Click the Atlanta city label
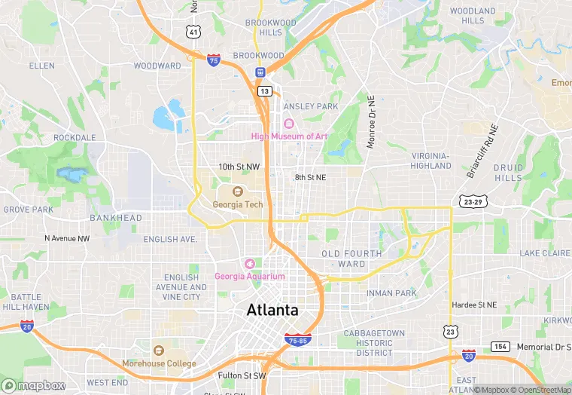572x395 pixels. pyautogui.click(x=272, y=310)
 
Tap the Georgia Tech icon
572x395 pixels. pyautogui.click(x=237, y=191)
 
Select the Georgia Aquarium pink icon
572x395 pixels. pyautogui.click(x=249, y=263)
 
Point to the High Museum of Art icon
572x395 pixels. pyautogui.click(x=289, y=124)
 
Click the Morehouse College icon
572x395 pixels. pyautogui.click(x=159, y=351)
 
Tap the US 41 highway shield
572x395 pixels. pyautogui.click(x=194, y=32)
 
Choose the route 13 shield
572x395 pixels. pyautogui.click(x=263, y=90)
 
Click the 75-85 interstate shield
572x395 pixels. pyautogui.click(x=298, y=340)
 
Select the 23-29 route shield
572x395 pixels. pyautogui.click(x=473, y=202)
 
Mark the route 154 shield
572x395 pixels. pyautogui.click(x=501, y=346)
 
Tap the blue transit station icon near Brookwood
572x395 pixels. pyautogui.click(x=260, y=72)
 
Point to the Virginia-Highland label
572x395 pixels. pyautogui.click(x=431, y=161)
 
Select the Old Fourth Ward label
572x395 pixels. pyautogui.click(x=353, y=259)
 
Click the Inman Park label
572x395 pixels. pyautogui.click(x=391, y=292)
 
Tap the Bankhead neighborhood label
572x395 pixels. pyautogui.click(x=115, y=218)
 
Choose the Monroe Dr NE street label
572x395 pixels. pyautogui.click(x=370, y=121)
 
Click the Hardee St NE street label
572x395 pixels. pyautogui.click(x=474, y=305)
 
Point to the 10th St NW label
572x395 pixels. pyautogui.click(x=239, y=167)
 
